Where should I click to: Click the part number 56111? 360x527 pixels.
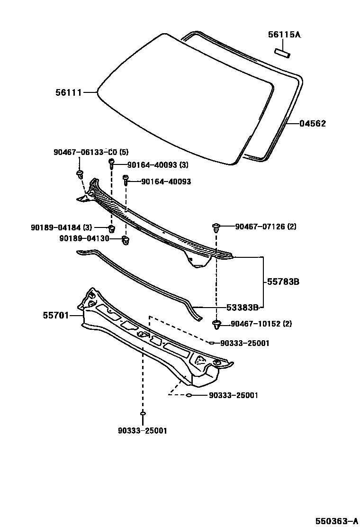pos(69,93)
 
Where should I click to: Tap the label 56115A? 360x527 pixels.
pos(284,35)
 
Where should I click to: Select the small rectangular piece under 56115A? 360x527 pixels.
pos(283,52)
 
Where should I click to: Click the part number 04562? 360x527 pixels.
pos(312,124)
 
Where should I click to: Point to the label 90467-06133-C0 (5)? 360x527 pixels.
pos(90,152)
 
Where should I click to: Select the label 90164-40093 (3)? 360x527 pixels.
pos(158,165)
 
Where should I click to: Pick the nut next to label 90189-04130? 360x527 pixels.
pos(126,240)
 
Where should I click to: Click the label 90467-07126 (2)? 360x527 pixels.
pos(266,227)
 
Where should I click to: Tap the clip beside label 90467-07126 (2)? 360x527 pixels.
pos(216,227)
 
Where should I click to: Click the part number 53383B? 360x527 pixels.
pos(242,308)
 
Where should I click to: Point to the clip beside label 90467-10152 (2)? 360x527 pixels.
pos(216,325)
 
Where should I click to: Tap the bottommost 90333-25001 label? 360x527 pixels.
pos(143,431)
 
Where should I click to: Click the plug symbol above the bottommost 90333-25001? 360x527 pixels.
pos(143,414)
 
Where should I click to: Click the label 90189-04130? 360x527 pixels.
pos(84,238)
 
